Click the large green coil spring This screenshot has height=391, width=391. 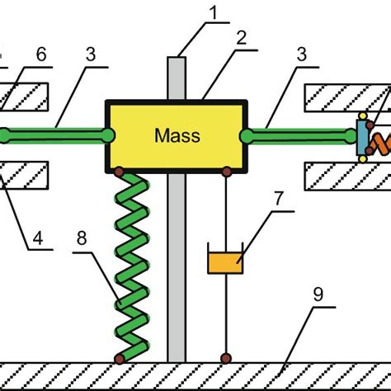130,264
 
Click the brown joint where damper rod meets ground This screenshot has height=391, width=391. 224,358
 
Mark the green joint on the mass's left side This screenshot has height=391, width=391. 109,134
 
